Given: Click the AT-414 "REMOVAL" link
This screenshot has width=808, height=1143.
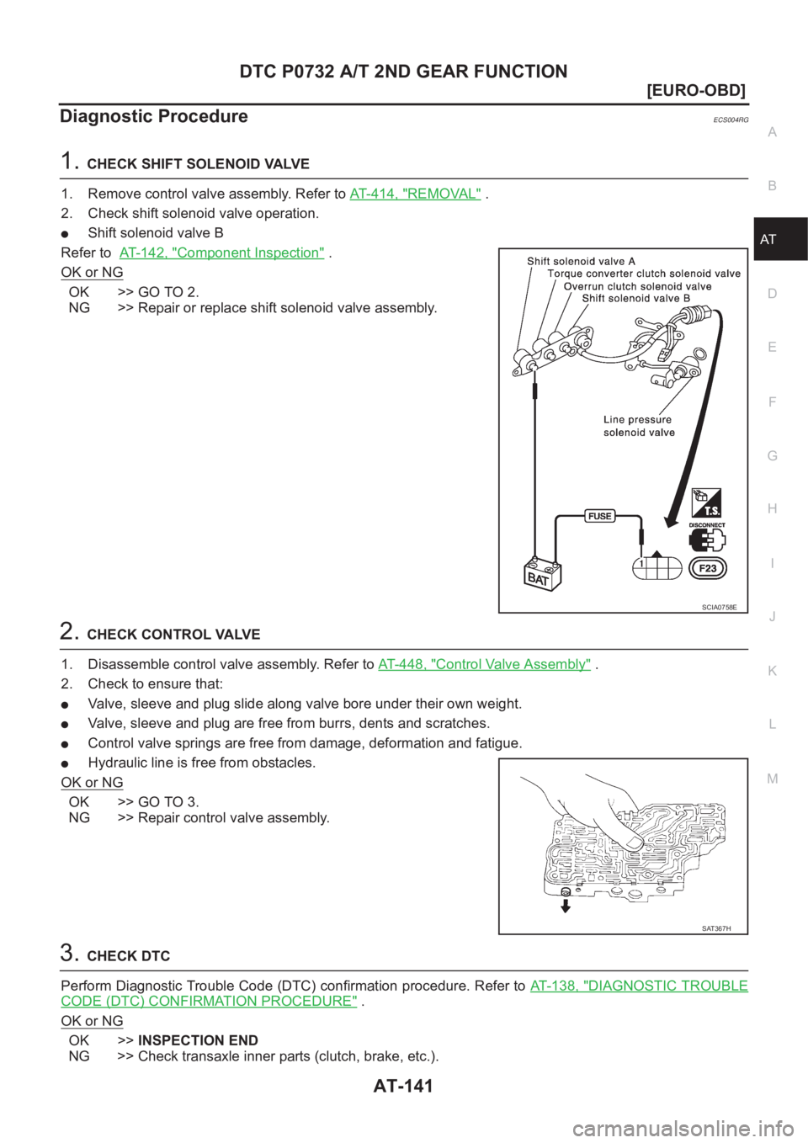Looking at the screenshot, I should click(415, 194).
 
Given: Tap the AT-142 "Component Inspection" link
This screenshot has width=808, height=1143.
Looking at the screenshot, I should click(221, 253).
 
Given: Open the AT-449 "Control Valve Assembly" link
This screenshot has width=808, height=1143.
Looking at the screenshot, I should click(485, 664).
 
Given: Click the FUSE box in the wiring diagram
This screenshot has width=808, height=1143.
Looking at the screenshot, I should click(600, 516).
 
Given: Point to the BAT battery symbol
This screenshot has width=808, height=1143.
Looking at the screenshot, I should click(538, 576).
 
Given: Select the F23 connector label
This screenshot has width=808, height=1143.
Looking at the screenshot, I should click(708, 568).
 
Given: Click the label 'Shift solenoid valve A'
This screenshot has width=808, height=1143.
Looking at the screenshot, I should click(581, 261).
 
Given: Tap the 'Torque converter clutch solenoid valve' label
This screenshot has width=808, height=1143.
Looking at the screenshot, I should click(644, 274).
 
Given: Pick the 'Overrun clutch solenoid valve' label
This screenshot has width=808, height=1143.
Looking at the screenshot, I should click(637, 286).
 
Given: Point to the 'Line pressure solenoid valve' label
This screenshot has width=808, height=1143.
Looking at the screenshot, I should click(639, 426).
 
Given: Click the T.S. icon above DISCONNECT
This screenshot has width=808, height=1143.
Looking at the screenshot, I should click(705, 503).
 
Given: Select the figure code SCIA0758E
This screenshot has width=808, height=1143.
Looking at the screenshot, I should click(719, 606).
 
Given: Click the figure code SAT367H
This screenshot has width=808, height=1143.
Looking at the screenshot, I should click(716, 928).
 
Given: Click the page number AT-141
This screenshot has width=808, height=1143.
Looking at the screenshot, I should click(403, 1086).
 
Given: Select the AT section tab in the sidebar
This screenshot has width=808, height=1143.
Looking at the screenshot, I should click(768, 239).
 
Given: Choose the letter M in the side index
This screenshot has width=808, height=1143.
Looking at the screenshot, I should click(772, 778).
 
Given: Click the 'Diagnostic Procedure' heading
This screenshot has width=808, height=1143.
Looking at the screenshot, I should click(154, 116).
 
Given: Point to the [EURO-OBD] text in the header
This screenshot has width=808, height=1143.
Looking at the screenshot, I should click(696, 89).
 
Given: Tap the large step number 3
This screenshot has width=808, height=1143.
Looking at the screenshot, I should click(69, 954).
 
